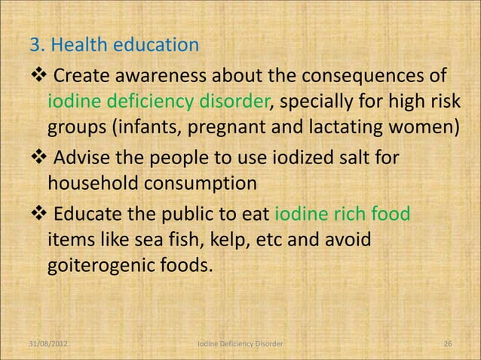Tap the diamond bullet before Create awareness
click(38, 78)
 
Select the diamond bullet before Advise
click(38, 159)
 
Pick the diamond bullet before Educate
click(38, 213)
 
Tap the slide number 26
click(448, 343)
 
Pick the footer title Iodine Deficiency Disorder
click(240, 343)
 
